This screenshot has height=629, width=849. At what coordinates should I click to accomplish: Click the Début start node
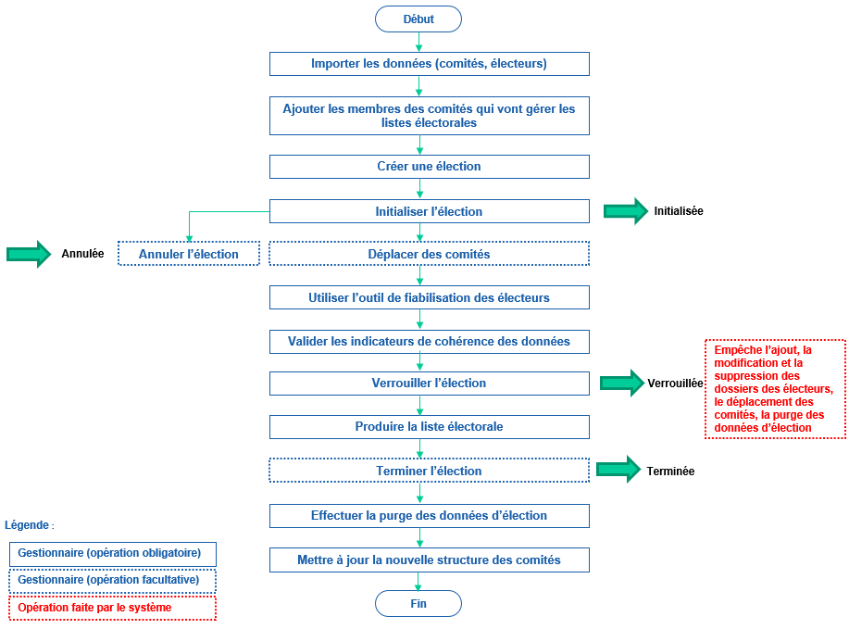[418, 19]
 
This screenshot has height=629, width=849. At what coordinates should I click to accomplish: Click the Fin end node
[418, 604]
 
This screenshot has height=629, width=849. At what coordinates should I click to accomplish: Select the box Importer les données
[429, 64]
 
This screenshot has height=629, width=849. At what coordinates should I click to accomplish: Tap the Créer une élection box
[429, 167]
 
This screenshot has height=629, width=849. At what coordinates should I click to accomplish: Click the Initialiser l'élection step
[429, 211]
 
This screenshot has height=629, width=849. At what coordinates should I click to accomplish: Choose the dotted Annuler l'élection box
[189, 254]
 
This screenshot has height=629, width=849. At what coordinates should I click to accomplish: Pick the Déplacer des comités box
[429, 254]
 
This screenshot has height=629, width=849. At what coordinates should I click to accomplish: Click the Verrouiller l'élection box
[429, 383]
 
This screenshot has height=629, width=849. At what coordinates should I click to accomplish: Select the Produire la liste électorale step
[429, 426]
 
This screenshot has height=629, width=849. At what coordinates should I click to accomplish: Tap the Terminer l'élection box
[429, 471]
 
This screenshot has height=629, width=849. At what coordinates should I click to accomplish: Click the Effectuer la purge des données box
[429, 515]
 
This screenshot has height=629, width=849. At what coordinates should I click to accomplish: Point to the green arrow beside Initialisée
[626, 211]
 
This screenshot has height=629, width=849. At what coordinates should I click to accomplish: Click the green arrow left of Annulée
[29, 254]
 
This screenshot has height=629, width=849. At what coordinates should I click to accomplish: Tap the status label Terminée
[670, 471]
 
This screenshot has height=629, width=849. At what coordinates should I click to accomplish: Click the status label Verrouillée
[675, 383]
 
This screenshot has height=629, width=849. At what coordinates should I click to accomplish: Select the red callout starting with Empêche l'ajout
[775, 389]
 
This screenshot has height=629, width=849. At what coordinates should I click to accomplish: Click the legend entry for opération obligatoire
[112, 554]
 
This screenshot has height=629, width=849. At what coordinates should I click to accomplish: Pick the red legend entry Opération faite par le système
[112, 608]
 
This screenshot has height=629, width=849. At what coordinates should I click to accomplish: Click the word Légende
[29, 525]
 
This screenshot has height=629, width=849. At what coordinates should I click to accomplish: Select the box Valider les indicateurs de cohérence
[429, 342]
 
